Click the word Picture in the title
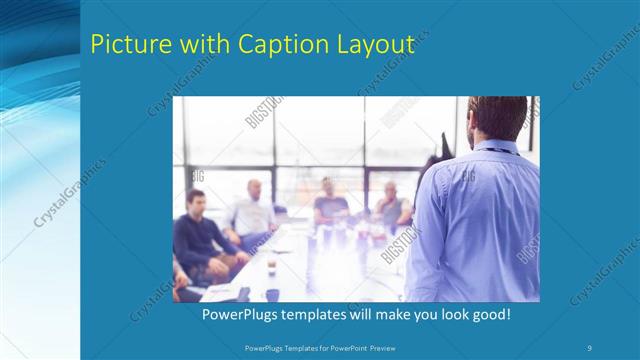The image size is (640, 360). point(126,44)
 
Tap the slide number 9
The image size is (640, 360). point(590,347)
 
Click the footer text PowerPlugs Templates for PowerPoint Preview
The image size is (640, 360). point(319,347)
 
